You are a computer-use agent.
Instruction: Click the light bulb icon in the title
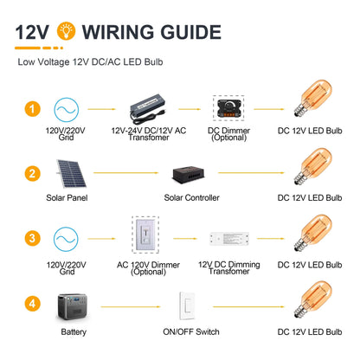point(66,31)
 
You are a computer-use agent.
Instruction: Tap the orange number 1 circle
point(32,109)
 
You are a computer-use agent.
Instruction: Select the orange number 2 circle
point(32,173)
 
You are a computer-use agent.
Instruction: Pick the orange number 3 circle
point(32,238)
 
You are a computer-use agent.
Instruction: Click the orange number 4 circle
point(32,304)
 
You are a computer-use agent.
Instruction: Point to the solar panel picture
point(71,173)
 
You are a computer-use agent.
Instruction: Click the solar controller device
point(189,174)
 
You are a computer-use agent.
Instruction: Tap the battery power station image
point(72,307)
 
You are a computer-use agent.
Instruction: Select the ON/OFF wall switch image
point(188,305)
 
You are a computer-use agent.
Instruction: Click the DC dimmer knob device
point(229,108)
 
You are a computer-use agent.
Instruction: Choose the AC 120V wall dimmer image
point(146,235)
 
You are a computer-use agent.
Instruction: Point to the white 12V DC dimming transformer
point(229,239)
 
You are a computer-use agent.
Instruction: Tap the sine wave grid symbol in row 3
point(66,239)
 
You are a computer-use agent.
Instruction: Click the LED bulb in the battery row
point(313,299)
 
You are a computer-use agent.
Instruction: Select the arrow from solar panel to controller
point(126,173)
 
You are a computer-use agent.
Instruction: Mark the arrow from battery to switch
point(131,306)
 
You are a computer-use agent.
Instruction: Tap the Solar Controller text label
point(191,198)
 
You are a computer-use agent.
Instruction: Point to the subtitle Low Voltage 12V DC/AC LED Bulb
point(90,62)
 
